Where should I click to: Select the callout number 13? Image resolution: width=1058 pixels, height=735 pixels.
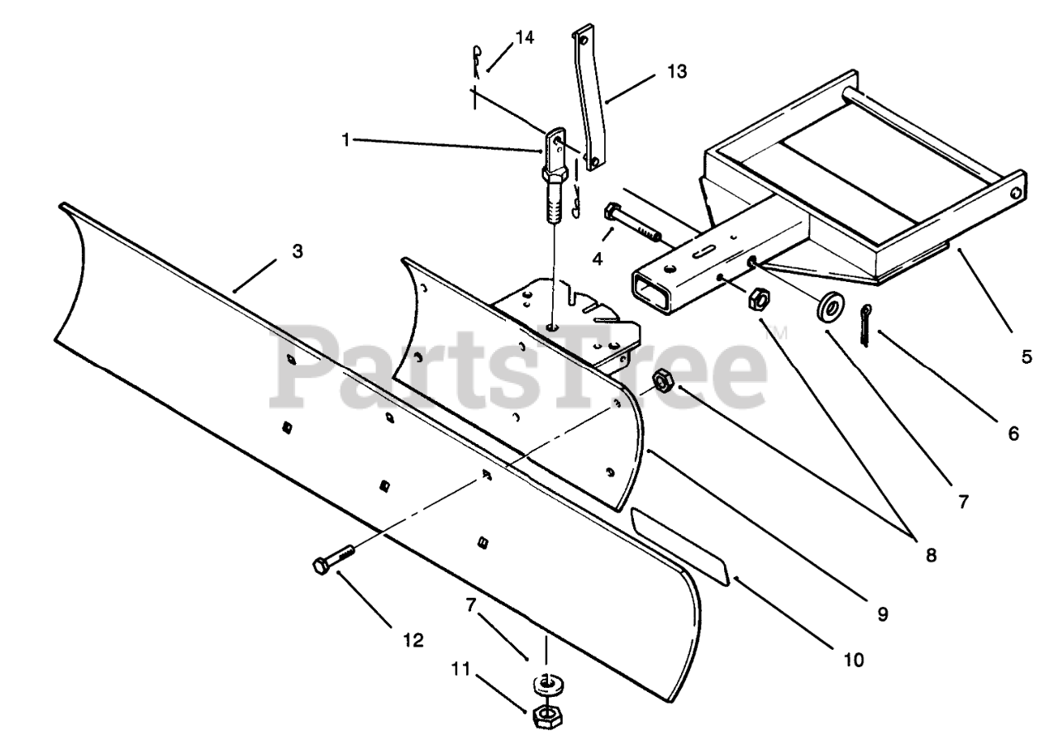(677, 72)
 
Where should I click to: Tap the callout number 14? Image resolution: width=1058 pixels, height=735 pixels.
(524, 37)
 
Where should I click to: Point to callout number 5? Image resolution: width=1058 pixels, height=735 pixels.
(1026, 357)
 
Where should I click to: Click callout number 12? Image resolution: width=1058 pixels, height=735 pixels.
(412, 639)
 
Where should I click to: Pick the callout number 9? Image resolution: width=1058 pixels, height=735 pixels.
(882, 614)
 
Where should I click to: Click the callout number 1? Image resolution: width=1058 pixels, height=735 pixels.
(346, 140)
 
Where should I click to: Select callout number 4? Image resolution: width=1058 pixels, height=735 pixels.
(597, 259)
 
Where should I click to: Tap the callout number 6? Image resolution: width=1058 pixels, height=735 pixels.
(1013, 432)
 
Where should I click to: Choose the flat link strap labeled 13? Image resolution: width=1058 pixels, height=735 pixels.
(592, 99)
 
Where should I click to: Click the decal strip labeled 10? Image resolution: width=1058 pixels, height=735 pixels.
(679, 546)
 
